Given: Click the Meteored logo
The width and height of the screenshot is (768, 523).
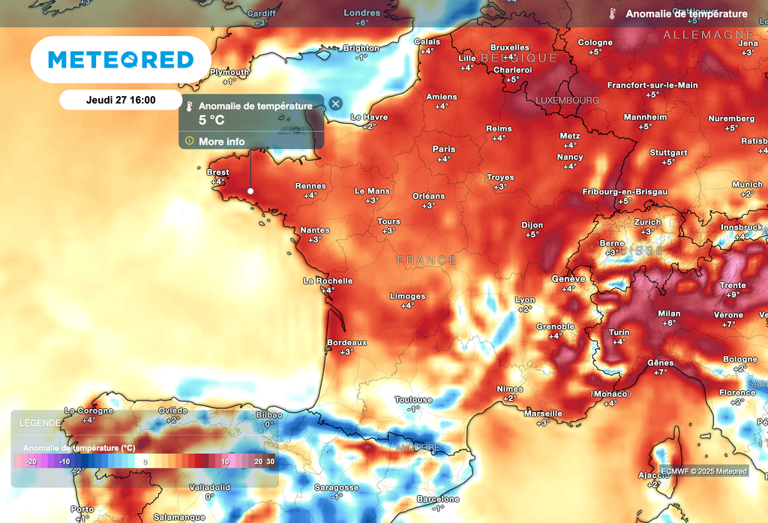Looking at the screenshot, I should tap(120, 60).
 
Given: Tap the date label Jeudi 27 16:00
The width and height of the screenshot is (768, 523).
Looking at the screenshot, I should tap(121, 99).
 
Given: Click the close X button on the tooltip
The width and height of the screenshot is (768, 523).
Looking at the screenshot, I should tap(335, 104).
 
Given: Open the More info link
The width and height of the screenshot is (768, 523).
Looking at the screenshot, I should tap(221, 141).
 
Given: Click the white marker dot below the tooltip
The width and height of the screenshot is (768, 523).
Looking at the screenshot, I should tap(250, 191).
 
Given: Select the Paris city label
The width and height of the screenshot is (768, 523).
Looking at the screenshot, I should tap(444, 149).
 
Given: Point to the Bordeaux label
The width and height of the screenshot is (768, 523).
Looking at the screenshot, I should tap(346, 342).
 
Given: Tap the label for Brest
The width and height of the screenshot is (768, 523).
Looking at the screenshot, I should tap(217, 173).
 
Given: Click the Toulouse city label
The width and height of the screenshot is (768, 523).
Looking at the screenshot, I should tap(413, 400).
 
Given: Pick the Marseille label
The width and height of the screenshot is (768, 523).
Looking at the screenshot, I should tap(543, 413).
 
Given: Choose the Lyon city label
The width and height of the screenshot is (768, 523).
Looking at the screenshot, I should tap(525, 300).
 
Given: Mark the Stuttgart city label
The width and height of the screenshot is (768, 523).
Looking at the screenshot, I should tap(668, 152).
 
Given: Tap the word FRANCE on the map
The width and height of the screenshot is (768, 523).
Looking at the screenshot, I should tap(426, 260).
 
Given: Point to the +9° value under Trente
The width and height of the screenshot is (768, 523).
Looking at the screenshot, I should tap(733, 295).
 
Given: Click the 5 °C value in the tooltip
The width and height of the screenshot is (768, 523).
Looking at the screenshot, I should tap(211, 120).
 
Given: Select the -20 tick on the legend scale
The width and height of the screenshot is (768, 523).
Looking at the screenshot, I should tap(31, 461).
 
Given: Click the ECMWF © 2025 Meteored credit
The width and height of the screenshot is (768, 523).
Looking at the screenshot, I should tap(703, 471).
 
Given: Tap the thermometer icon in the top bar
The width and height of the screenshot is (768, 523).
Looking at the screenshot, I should tap(613, 14).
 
